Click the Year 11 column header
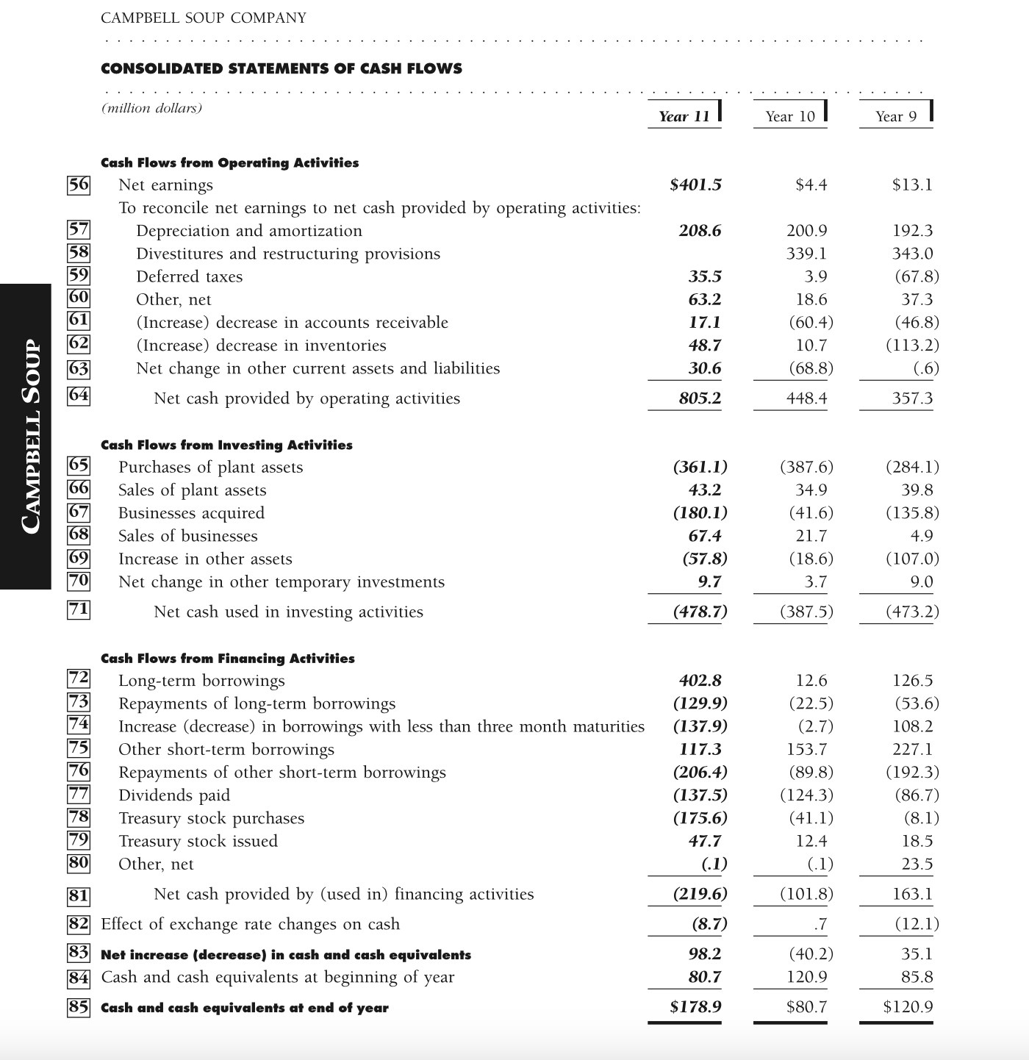tap(684, 116)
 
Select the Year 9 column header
tap(896, 116)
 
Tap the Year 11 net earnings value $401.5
tap(695, 185)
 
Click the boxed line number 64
tap(79, 395)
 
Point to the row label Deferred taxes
tap(189, 276)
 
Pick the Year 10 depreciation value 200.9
tap(806, 231)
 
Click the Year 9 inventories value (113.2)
tap(912, 345)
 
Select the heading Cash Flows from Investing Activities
tap(226, 445)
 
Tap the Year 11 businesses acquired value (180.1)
tap(700, 513)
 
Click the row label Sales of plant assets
tap(192, 490)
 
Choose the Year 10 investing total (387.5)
tap(806, 612)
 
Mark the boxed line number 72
tap(79, 677)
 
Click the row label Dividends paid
tap(174, 795)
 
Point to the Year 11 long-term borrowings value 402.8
tap(700, 681)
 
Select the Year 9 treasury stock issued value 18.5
tap(917, 841)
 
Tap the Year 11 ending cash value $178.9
tap(695, 1007)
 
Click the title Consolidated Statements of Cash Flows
tap(282, 68)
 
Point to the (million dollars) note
tap(151, 108)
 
